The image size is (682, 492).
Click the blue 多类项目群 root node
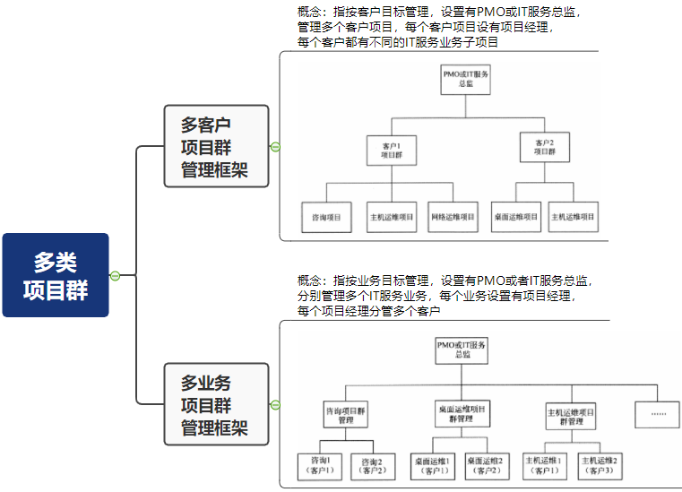pyautogui.click(x=56, y=275)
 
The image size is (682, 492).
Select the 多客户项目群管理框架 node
pyautogui.click(x=216, y=146)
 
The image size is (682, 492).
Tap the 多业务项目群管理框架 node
pyautogui.click(x=216, y=404)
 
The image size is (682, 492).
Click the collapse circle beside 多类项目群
pyautogui.click(x=115, y=275)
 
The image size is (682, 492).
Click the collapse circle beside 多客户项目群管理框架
pyautogui.click(x=275, y=147)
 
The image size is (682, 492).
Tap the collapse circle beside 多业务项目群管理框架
pyautogui.click(x=275, y=405)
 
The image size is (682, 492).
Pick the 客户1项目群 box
pyautogui.click(x=392, y=149)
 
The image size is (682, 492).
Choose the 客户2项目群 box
pyautogui.click(x=544, y=148)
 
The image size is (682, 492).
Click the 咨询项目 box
pyautogui.click(x=325, y=217)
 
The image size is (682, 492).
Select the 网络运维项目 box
pyautogui.click(x=453, y=217)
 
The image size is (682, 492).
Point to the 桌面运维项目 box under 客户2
pyautogui.click(x=516, y=217)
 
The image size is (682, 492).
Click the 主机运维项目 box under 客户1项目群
pyautogui.click(x=392, y=217)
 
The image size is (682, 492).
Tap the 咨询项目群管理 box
pyautogui.click(x=346, y=414)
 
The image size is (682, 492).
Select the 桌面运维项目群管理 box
pyautogui.click(x=462, y=413)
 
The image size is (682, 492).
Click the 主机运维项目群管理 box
pyautogui.click(x=571, y=417)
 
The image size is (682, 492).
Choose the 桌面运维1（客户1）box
pyautogui.click(x=433, y=464)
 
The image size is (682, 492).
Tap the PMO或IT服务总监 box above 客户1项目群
pyautogui.click(x=466, y=79)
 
